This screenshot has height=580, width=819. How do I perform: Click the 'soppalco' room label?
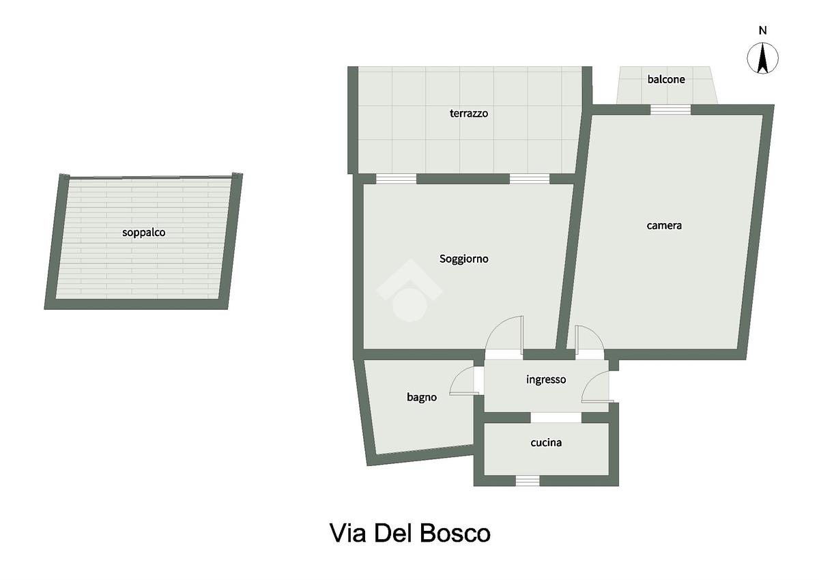tap(144, 233)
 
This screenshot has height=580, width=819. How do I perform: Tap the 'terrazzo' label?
tap(469, 113)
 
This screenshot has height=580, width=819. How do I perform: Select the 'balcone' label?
tap(666, 79)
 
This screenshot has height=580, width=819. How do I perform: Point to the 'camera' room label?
tap(664, 225)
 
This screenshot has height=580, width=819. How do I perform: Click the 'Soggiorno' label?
tap(464, 259)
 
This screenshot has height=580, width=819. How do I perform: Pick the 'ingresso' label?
tap(546, 379)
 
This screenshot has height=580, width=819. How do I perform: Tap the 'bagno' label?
tap(422, 397)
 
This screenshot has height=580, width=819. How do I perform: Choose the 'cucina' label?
tap(546, 443)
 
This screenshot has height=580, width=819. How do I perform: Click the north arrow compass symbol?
tap(763, 58)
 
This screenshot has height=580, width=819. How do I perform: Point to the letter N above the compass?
tap(763, 31)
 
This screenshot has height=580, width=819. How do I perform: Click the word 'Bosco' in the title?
tap(455, 534)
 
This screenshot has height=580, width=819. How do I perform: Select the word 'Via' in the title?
tap(347, 534)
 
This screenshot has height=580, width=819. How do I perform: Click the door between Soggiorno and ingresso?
tap(504, 334)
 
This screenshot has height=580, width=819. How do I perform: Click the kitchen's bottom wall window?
tap(527, 480)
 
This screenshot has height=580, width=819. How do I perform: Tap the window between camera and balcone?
tap(670, 110)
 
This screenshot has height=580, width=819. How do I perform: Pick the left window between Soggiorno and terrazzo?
tap(396, 179)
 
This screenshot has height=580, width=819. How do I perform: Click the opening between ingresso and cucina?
tap(556, 418)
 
